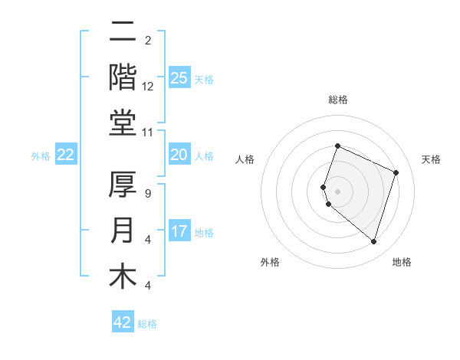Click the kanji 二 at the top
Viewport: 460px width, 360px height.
click(x=123, y=32)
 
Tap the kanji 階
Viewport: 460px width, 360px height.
click(x=123, y=77)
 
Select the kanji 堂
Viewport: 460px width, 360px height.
click(x=123, y=123)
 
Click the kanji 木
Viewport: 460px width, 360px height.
click(x=123, y=276)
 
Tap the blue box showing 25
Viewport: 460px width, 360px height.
click(x=179, y=77)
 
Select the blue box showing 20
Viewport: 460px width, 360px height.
click(x=179, y=155)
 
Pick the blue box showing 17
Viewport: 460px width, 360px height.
click(x=179, y=231)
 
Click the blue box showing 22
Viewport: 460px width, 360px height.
click(x=66, y=155)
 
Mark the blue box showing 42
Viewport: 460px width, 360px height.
click(x=123, y=322)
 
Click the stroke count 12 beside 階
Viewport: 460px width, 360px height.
click(x=148, y=87)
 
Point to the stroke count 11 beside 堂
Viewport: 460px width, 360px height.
click(x=147, y=133)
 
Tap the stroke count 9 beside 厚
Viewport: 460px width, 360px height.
click(x=147, y=194)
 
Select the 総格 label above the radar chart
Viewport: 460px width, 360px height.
click(x=337, y=100)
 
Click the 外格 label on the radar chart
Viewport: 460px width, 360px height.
click(x=270, y=262)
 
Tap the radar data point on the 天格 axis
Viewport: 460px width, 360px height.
click(x=396, y=172)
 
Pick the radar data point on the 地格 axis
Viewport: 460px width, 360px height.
click(x=373, y=242)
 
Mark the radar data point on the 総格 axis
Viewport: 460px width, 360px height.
click(x=337, y=146)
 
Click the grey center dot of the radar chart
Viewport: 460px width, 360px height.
click(x=337, y=191)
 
